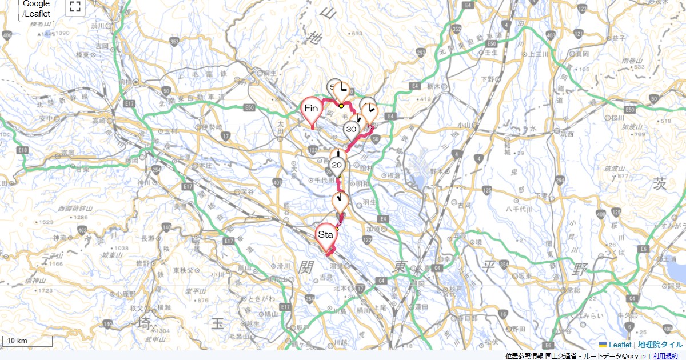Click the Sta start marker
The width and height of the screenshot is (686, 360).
tap(326, 235)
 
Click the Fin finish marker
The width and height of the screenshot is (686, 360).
tap(312, 109)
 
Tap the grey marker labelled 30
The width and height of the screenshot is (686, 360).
tap(352, 130)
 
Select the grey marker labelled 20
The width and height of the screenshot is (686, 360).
tap(337, 165)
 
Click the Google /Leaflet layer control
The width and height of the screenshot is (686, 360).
tap(37, 9)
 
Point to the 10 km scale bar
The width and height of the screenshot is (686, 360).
tap(27, 341)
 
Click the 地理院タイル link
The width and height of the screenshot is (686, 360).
tap(660, 345)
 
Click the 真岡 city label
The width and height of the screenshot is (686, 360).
tap(582, 54)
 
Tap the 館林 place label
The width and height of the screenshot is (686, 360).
tap(366, 167)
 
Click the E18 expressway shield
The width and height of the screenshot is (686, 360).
tap(22, 150)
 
